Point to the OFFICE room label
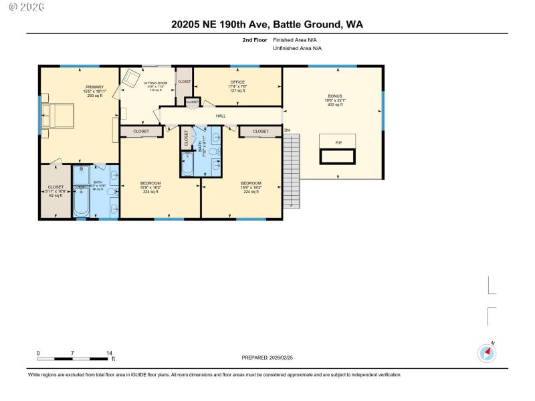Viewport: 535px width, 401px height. pos(237,83)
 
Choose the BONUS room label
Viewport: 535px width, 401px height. pos(334,96)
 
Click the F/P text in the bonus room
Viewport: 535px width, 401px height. pos(338,143)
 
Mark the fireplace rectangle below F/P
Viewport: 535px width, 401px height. pos(338,156)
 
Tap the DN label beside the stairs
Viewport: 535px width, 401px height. pos(288,130)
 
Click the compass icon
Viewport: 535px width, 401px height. pos(486,353)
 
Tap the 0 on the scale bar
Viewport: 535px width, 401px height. pos(38,352)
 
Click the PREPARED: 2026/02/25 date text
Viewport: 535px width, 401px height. pos(267,358)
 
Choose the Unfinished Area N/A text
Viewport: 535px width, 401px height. pos(297,49)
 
